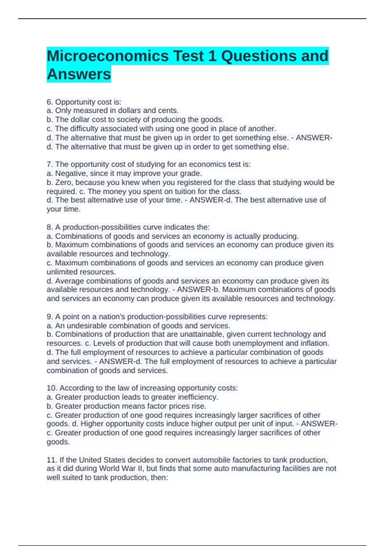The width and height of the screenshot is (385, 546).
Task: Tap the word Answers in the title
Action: (79, 74)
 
